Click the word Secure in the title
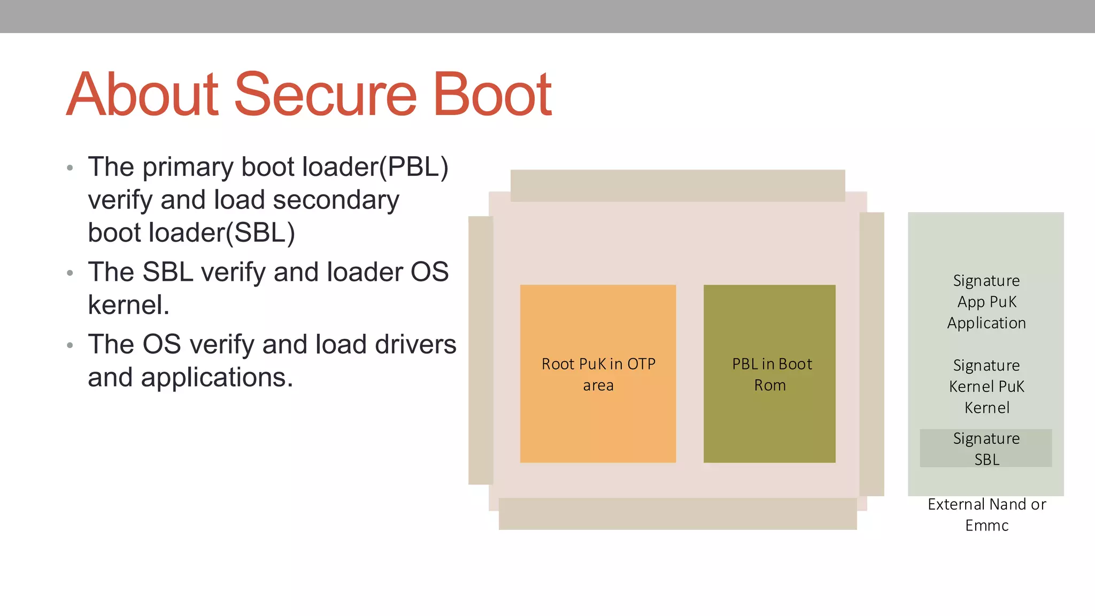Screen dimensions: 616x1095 point(325,95)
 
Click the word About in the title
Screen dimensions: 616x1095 point(143,95)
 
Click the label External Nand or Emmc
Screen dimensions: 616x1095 point(986,514)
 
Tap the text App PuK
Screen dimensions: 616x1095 point(986,302)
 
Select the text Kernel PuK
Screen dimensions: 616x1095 point(986,387)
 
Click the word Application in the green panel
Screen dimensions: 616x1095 point(986,323)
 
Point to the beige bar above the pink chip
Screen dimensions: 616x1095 point(677,186)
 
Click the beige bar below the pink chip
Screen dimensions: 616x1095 point(677,514)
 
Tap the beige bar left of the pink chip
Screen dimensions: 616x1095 point(480,350)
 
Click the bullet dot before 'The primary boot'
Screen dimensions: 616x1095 point(70,168)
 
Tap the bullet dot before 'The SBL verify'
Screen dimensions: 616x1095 point(70,273)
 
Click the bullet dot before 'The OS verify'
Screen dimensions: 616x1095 point(70,345)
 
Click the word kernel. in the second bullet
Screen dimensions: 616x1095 point(128,305)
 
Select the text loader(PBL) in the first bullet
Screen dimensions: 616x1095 point(375,167)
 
